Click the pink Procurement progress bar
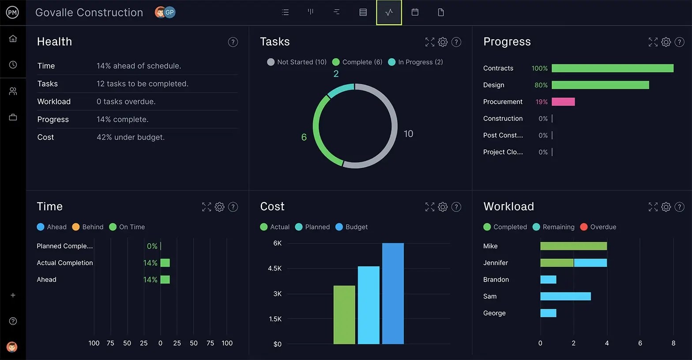(563, 102)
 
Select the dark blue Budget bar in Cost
(393, 293)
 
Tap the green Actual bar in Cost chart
(344, 315)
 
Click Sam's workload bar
(565, 296)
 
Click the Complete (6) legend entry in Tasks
(357, 62)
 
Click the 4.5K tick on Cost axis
(275, 268)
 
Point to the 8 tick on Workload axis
(673, 343)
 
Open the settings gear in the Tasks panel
(443, 42)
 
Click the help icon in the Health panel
(233, 42)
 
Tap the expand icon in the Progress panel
(653, 42)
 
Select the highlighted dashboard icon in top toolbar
(389, 12)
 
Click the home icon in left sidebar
(13, 39)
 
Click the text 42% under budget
(131, 137)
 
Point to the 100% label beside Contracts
(539, 68)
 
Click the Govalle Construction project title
(89, 12)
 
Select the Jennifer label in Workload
(495, 263)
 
